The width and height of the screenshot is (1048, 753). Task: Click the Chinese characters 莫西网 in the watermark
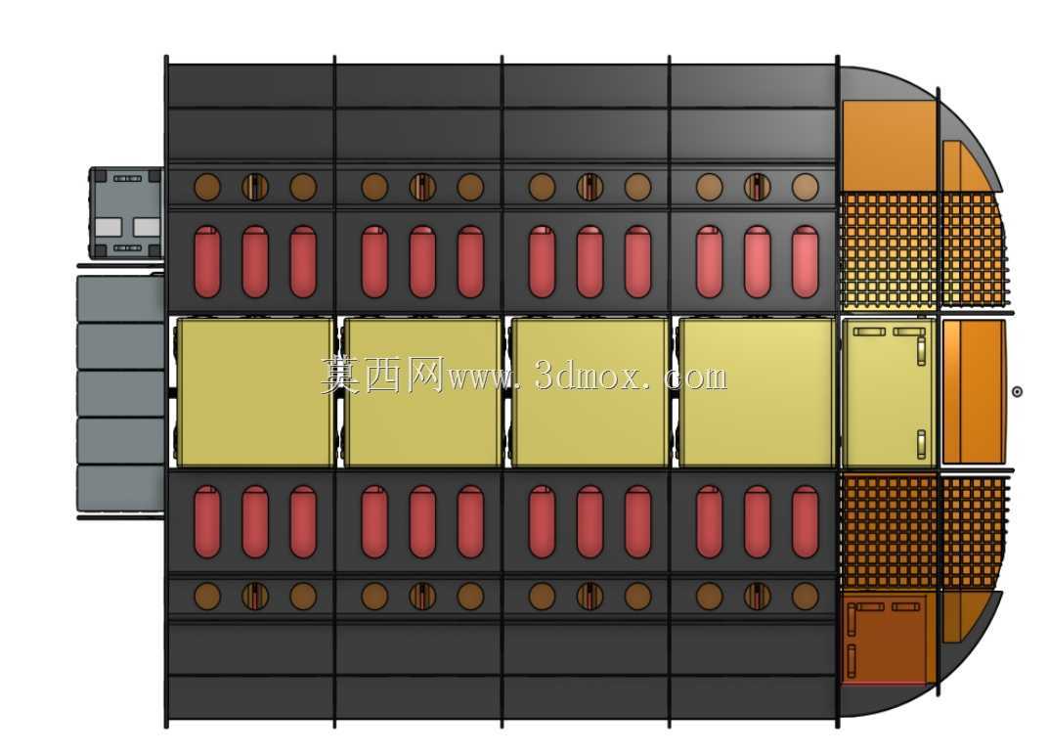point(382,376)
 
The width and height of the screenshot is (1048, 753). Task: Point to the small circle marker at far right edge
point(1017,392)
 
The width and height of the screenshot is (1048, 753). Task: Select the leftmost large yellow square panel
point(254,392)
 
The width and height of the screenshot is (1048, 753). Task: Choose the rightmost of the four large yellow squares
point(758,392)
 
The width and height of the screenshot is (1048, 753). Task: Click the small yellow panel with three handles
point(889,392)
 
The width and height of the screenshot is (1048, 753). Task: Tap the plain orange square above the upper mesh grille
point(889,145)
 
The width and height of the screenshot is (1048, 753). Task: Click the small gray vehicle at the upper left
point(126,213)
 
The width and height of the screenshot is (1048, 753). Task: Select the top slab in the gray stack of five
point(121,299)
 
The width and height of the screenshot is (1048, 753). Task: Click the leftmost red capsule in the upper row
point(207,261)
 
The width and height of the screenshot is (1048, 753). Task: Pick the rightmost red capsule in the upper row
point(805,261)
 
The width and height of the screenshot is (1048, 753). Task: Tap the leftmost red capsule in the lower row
point(207,521)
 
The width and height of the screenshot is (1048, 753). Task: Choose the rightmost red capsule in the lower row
point(805,521)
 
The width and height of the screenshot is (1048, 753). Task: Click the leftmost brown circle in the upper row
point(207,187)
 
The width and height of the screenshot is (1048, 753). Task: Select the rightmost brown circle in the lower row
point(805,596)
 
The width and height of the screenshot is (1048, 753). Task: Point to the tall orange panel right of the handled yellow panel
point(974,392)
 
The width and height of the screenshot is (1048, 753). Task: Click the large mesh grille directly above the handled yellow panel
point(889,250)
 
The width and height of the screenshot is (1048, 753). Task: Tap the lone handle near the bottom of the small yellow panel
point(921,444)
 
